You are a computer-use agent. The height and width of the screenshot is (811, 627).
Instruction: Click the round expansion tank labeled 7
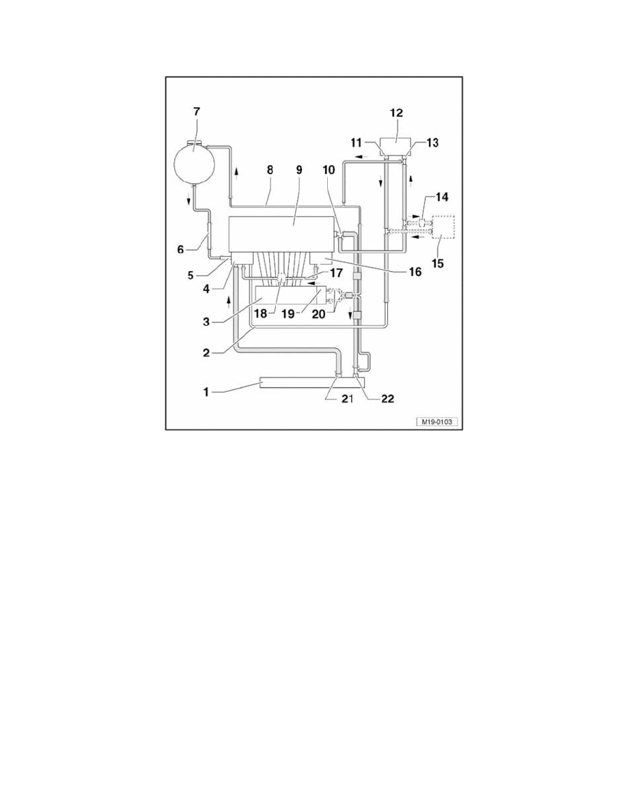coord(193,162)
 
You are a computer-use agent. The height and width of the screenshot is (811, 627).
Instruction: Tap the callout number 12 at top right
coord(396,113)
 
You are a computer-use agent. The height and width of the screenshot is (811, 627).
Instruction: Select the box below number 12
coord(396,147)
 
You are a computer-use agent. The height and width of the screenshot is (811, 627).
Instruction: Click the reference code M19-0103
coord(436,421)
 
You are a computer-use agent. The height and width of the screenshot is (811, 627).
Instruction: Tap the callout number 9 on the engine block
coord(299,170)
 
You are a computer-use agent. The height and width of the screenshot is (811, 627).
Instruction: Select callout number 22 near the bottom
coord(387,398)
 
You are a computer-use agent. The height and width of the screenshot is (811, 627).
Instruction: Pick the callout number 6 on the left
coord(180,249)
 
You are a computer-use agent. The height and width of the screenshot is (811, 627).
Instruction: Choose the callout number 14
coord(442,197)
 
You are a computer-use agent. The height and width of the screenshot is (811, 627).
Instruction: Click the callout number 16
coord(415,271)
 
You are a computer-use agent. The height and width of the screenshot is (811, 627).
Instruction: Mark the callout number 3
coord(206,322)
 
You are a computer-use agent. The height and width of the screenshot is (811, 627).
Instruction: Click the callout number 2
coord(206,353)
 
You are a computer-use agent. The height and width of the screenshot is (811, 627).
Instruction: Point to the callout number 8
coord(270,170)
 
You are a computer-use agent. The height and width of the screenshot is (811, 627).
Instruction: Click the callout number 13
coord(432,142)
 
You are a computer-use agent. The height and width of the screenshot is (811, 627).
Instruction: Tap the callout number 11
coord(357,142)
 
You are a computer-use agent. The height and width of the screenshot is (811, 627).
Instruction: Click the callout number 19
coord(289,313)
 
